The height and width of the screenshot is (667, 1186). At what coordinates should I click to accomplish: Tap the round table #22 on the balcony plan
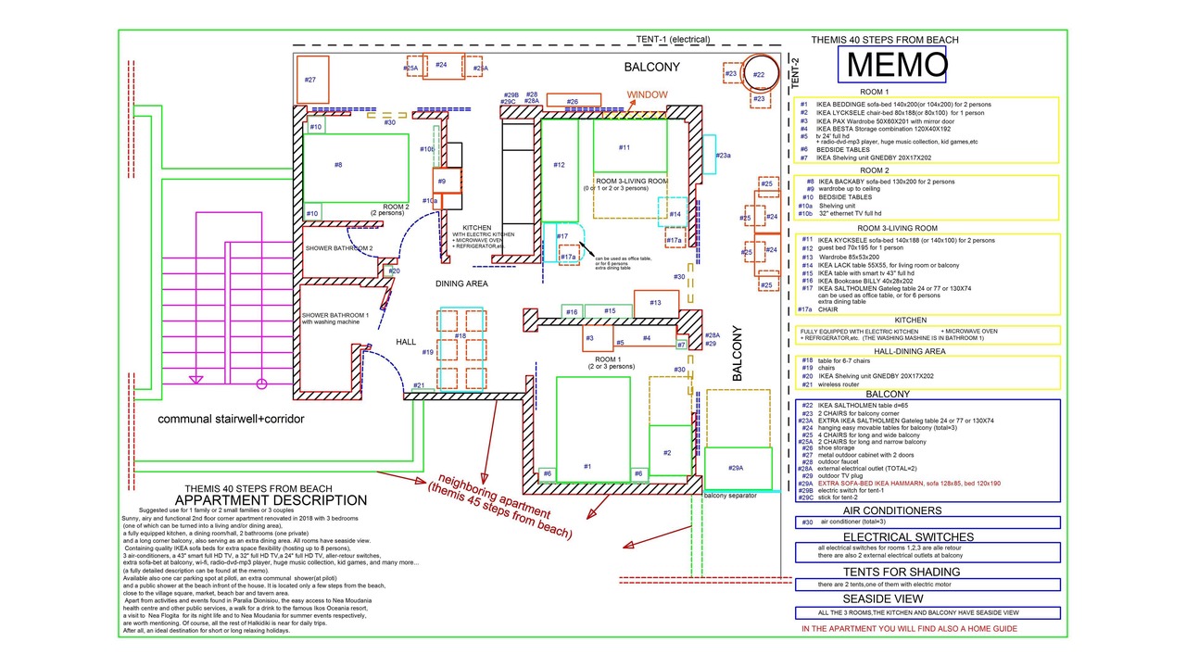click(x=759, y=76)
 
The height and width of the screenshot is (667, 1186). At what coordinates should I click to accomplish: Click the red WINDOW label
click(x=647, y=95)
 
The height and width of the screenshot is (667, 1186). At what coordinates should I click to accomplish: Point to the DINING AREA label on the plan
click(x=461, y=283)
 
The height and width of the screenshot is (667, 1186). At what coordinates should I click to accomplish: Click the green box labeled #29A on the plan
click(x=737, y=468)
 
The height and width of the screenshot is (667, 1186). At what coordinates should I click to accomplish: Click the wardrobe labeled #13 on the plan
click(x=655, y=304)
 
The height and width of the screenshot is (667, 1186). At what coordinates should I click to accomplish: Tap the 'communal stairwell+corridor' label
click(x=231, y=419)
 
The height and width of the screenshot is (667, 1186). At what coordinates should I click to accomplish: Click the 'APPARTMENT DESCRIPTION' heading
click(x=264, y=500)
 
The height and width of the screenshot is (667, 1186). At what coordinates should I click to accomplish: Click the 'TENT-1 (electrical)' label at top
click(x=673, y=40)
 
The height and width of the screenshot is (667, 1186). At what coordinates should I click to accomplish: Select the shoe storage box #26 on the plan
click(x=574, y=101)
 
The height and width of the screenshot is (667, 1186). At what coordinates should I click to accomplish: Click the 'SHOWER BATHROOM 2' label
click(x=339, y=248)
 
